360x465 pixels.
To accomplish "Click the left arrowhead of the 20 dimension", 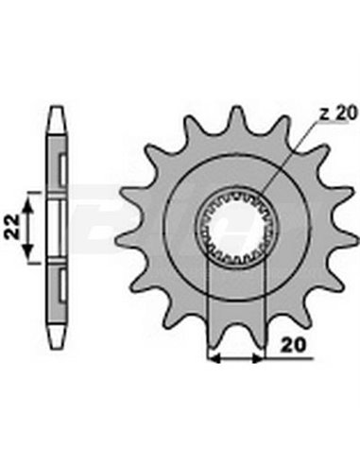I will (x=212, y=358).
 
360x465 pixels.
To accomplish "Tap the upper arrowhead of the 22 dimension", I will (x=30, y=197).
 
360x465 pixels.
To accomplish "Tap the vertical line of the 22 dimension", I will (x=30, y=226).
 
